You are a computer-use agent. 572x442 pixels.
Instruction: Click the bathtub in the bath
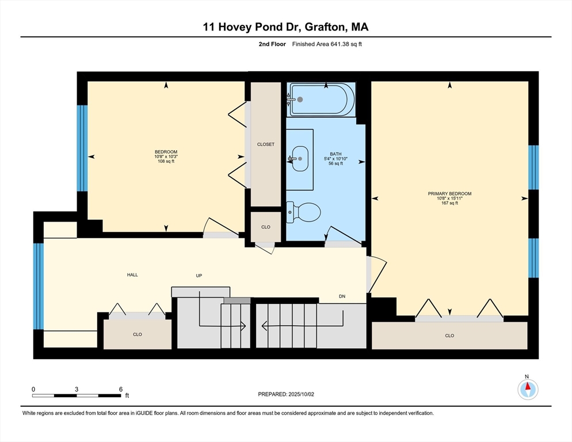click(321, 99)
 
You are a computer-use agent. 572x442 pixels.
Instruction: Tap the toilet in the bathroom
click(303, 212)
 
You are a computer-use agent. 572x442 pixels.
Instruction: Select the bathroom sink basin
click(300, 159)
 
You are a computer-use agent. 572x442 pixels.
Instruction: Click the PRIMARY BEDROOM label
click(449, 194)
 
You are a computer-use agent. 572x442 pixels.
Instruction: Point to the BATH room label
click(335, 154)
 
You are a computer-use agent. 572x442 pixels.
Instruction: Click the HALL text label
click(132, 275)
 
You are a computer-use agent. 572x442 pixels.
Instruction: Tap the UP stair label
click(199, 276)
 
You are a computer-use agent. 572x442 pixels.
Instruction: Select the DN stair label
click(342, 296)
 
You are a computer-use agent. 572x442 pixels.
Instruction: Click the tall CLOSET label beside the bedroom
click(266, 144)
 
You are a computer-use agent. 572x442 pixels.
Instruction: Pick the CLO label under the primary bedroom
click(449, 336)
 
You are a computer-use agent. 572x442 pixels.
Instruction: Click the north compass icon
click(528, 389)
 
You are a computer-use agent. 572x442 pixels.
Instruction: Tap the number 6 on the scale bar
click(121, 390)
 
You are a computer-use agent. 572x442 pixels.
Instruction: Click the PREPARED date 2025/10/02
click(302, 394)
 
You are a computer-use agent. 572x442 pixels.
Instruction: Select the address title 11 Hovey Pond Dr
click(251, 26)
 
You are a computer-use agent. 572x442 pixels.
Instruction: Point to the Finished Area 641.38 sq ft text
click(327, 44)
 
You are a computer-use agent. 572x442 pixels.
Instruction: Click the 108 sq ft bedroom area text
click(166, 161)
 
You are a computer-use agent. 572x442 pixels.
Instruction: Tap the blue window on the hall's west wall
click(39, 286)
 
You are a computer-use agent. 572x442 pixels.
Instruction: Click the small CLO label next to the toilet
click(266, 227)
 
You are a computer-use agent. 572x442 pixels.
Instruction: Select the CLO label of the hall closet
click(137, 334)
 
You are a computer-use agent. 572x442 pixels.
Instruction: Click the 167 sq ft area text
click(449, 203)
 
